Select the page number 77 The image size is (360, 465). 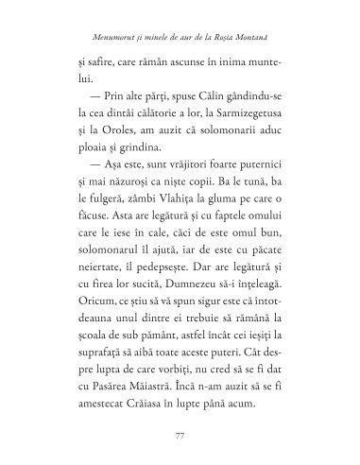(x=180, y=434)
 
